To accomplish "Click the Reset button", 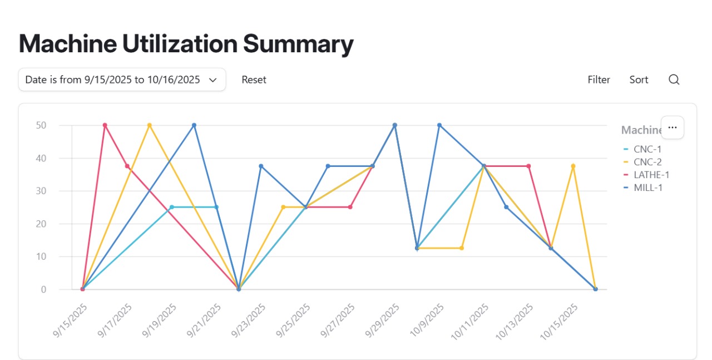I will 254,80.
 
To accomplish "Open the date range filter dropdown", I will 122,80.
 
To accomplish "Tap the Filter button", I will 599,80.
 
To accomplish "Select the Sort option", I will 639,80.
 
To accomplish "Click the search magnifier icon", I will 674,80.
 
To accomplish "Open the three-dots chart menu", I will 672,127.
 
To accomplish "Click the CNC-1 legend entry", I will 647,149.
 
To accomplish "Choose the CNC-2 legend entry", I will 647,162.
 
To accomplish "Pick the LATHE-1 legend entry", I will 651,175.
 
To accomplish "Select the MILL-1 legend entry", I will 647,188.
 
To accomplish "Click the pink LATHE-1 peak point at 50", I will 105,125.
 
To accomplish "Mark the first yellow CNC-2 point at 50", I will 149,125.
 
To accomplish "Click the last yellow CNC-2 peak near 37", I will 573,166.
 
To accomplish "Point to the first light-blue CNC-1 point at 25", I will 171,207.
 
